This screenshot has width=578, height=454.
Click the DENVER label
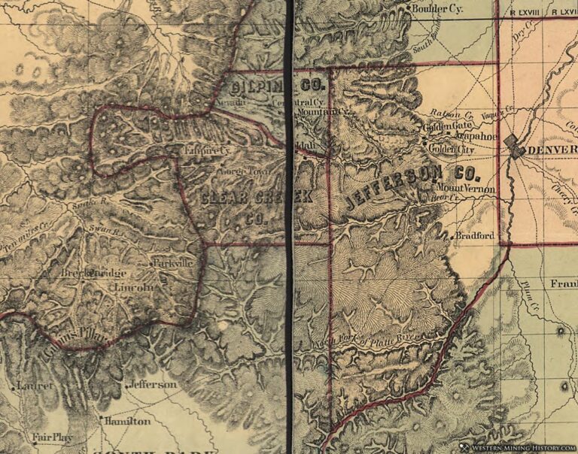(552, 150)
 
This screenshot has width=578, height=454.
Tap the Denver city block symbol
(516, 145)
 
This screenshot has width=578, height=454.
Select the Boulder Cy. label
(438, 9)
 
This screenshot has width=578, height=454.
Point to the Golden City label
(450, 149)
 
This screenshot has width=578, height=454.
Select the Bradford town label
(475, 236)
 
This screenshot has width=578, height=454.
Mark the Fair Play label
(46, 437)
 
